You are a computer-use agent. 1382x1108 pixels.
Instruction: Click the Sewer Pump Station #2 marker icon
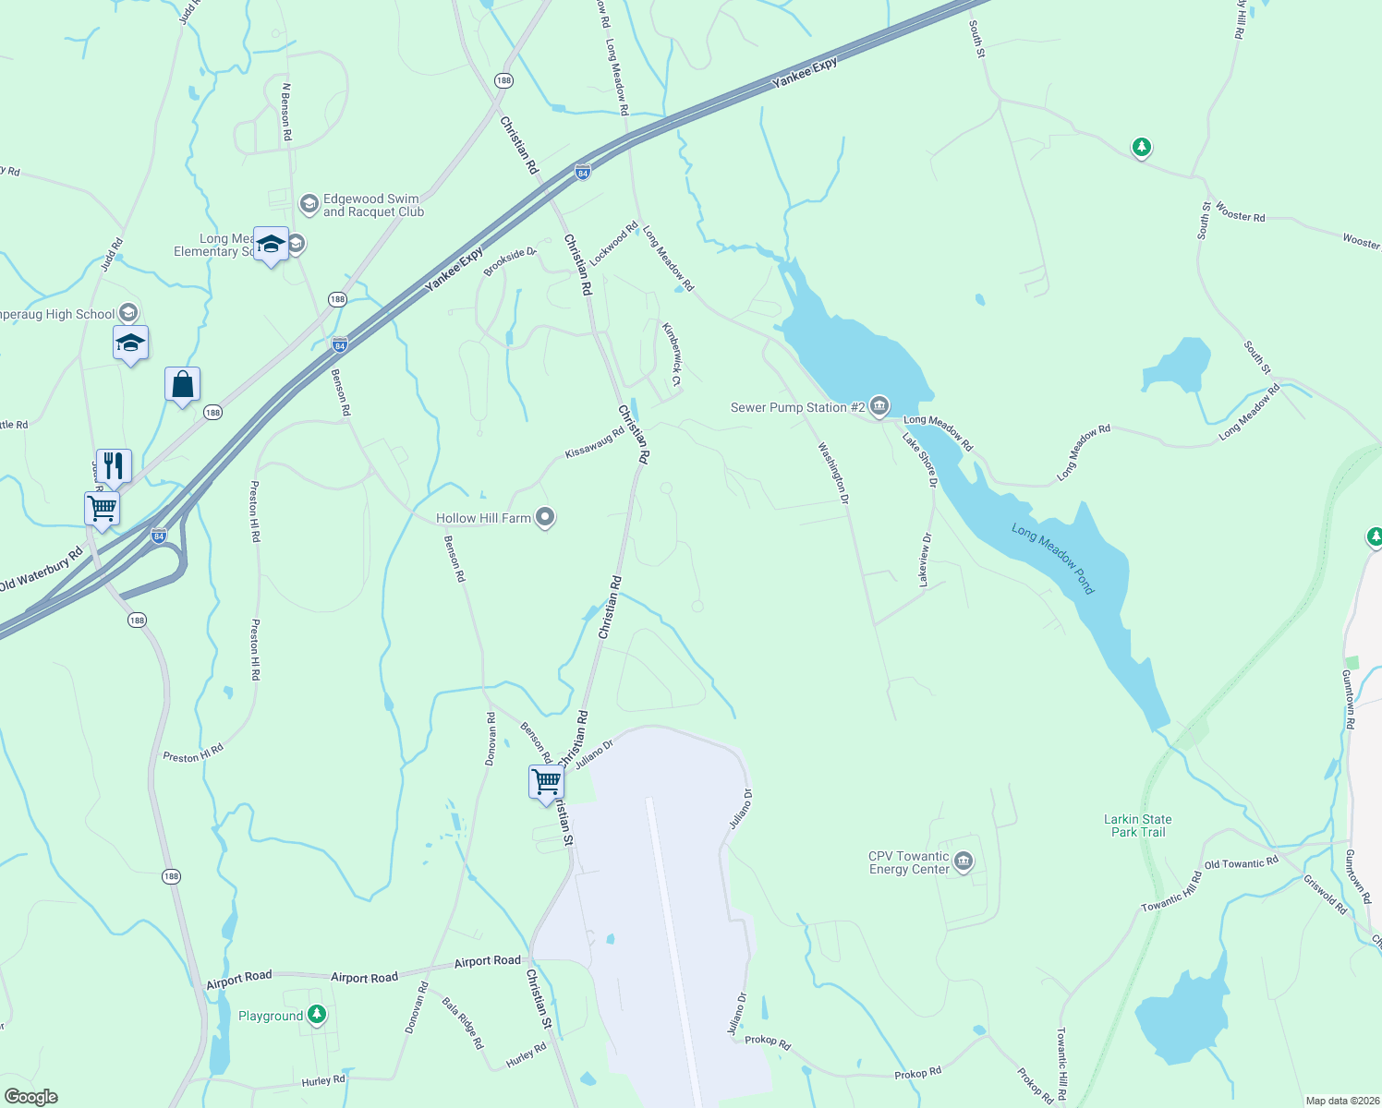pyautogui.click(x=879, y=406)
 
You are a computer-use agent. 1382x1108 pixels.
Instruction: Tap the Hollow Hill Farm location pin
pyautogui.click(x=545, y=517)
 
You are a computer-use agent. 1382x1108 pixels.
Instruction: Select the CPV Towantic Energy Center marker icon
pyautogui.click(x=964, y=862)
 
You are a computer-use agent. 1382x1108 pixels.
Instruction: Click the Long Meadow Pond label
pyautogui.click(x=1052, y=559)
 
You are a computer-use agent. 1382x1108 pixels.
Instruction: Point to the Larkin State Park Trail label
pyautogui.click(x=1137, y=825)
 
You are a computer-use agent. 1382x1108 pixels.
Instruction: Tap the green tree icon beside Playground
pyautogui.click(x=317, y=1015)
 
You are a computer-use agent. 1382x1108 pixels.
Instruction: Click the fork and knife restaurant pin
pyautogui.click(x=114, y=465)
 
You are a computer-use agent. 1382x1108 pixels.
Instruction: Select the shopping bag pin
pyautogui.click(x=182, y=384)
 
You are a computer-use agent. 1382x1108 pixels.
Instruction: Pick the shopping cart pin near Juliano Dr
pyautogui.click(x=546, y=782)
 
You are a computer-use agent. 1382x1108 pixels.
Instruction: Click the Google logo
pyautogui.click(x=31, y=1097)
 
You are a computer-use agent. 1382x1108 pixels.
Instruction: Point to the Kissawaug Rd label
pyautogui.click(x=594, y=442)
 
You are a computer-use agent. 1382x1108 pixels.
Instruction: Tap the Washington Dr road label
pyautogui.click(x=832, y=472)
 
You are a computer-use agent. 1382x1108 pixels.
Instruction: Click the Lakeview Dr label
pyautogui.click(x=925, y=560)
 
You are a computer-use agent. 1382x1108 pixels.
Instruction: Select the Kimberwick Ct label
pyautogui.click(x=672, y=354)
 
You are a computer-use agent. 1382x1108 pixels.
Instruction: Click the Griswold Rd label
pyautogui.click(x=1325, y=894)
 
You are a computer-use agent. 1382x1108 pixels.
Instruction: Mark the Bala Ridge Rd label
pyautogui.click(x=462, y=1022)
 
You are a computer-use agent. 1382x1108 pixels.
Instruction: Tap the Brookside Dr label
pyautogui.click(x=510, y=261)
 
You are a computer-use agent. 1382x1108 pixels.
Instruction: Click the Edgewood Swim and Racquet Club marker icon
pyautogui.click(x=309, y=203)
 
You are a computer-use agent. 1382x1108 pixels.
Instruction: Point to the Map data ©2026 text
pyautogui.click(x=1340, y=1101)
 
